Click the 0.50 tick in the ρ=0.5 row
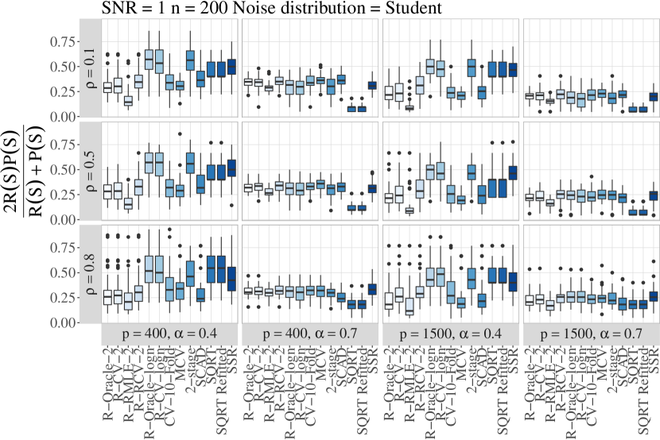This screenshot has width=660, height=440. [67, 170]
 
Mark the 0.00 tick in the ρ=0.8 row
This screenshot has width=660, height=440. [67, 323]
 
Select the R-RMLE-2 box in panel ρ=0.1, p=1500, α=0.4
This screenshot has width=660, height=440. [410, 107]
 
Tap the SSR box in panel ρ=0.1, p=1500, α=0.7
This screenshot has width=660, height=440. [654, 97]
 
